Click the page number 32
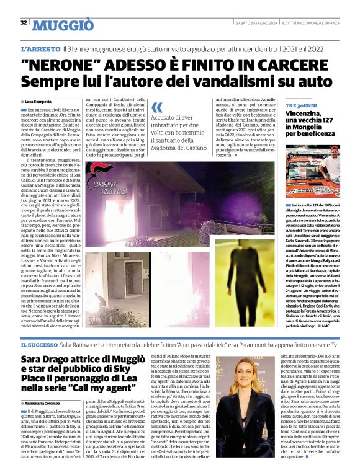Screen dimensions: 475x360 pos(24,23)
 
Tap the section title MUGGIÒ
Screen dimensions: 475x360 pos(63,25)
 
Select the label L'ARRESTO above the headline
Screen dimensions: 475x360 pos(40,48)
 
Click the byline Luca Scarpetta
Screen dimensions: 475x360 pos(38,100)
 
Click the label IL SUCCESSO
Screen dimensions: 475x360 pos(41,344)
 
